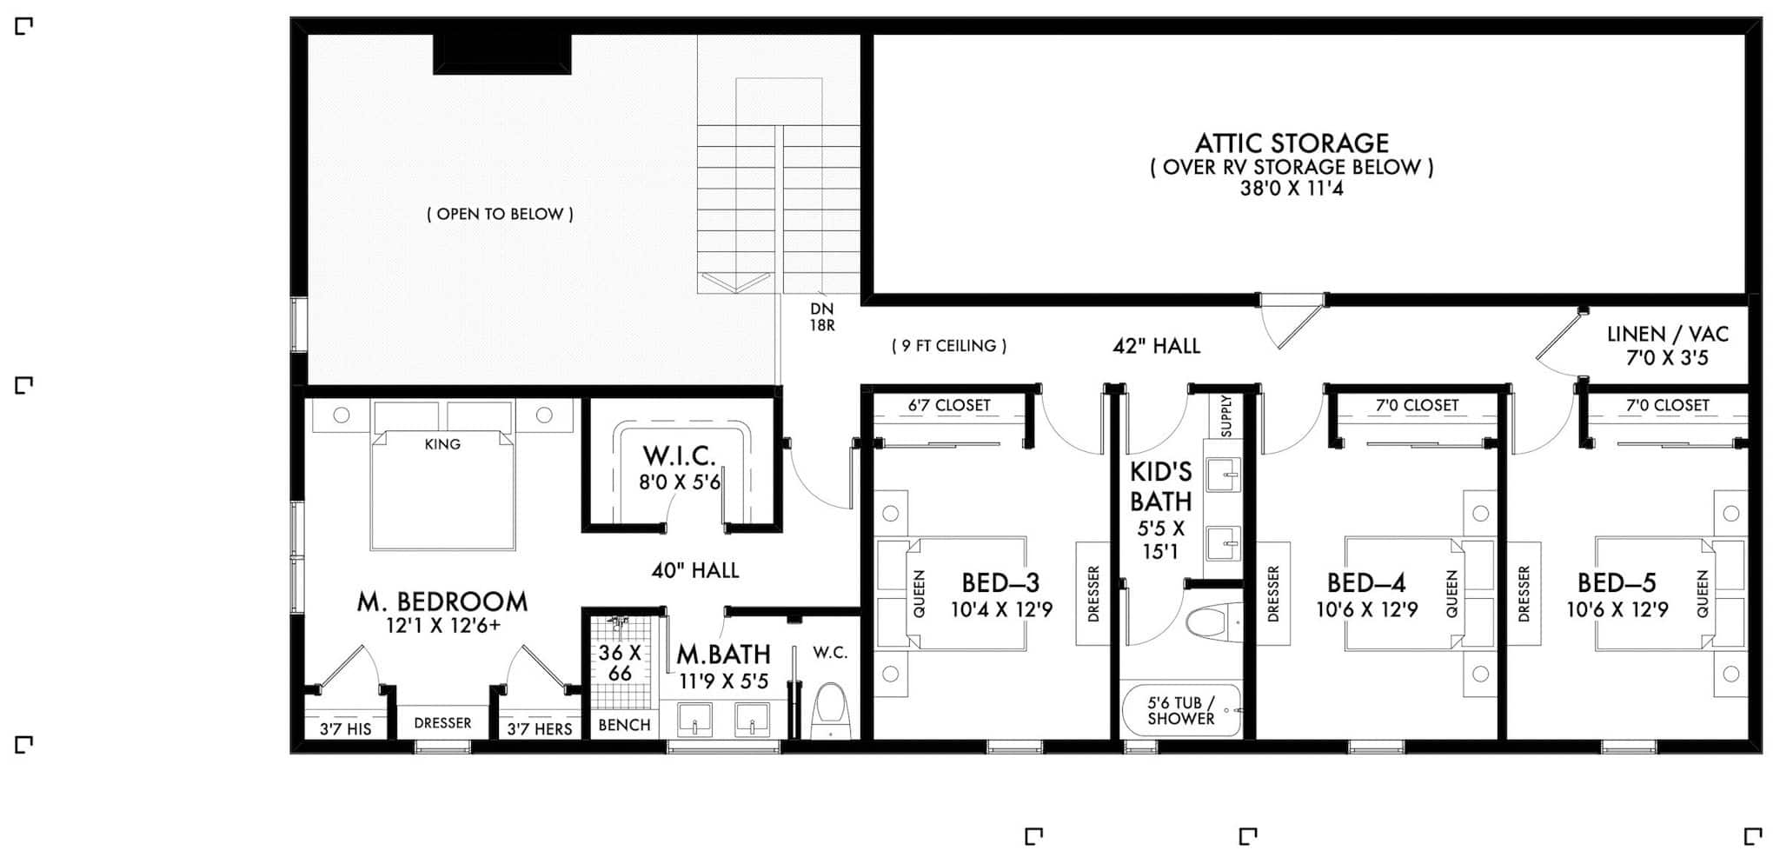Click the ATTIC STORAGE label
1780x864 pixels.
tap(1292, 143)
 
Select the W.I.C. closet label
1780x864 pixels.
tap(680, 455)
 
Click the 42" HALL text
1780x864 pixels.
tap(1156, 346)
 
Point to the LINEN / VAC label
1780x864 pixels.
tap(1667, 335)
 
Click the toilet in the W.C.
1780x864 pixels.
tap(830, 709)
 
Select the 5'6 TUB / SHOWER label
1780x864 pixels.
tap(1180, 710)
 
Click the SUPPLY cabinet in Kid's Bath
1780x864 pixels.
tap(1226, 415)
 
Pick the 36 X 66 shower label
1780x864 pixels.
tap(620, 662)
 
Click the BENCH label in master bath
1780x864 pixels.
tap(624, 725)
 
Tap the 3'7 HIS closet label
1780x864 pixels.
tap(345, 728)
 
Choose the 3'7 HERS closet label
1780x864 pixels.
tap(540, 728)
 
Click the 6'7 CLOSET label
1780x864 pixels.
tap(948, 405)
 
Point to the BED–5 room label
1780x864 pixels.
tap(1617, 582)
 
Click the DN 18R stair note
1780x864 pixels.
tap(821, 317)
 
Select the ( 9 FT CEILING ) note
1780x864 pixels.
tap(949, 346)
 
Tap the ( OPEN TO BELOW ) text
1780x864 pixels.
tap(500, 214)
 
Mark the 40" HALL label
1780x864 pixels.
tap(695, 570)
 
